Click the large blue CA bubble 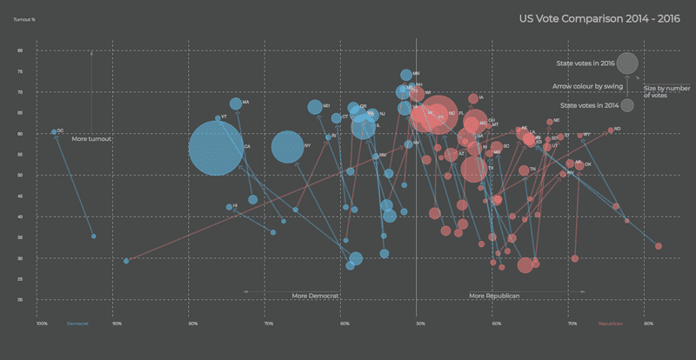coord(216,149)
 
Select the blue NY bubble coord(288,147)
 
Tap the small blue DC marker coord(54,132)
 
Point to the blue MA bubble coord(236,104)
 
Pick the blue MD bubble coord(315,107)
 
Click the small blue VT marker coord(217,118)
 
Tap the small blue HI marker coord(229,207)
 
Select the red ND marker coord(611,130)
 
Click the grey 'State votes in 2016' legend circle coord(627,63)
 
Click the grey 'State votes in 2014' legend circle coord(626,106)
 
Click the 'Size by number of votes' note coord(667,91)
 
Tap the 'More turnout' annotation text coord(91,139)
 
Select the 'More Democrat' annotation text coord(314,296)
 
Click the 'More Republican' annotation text coord(494,296)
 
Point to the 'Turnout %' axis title coord(24,17)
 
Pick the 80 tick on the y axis coord(20,50)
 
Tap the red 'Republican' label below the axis coord(611,323)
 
